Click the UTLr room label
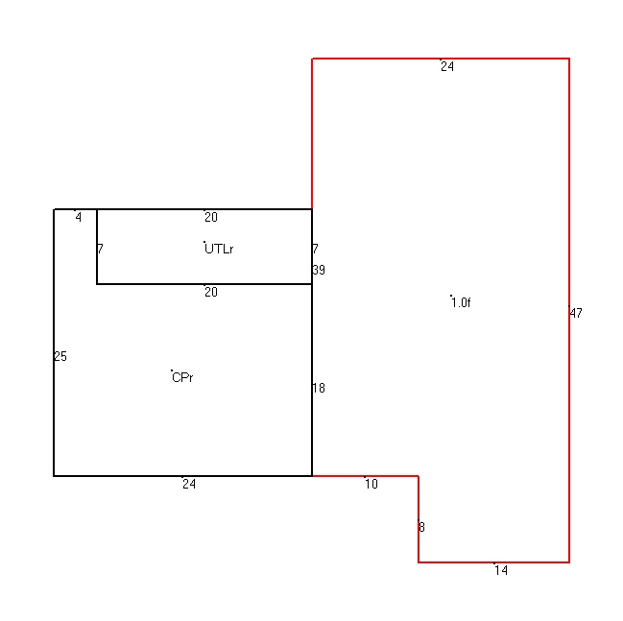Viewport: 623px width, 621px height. pos(219,249)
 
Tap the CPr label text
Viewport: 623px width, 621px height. pos(182,377)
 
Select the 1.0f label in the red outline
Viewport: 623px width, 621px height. pos(461,302)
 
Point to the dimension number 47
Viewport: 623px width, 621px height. pos(576,313)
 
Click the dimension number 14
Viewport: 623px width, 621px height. pos(501,570)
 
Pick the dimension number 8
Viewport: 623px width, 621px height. pos(422,527)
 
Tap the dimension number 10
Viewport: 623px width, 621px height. pos(371,484)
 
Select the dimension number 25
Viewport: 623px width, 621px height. pos(60,356)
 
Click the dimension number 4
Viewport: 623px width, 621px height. pos(79,217)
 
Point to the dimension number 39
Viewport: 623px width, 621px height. pos(319,270)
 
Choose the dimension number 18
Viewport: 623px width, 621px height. pos(319,388)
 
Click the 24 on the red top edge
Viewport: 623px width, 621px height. pos(447,66)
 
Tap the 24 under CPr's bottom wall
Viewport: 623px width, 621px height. pos(189,484)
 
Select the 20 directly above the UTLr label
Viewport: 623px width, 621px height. pos(211,217)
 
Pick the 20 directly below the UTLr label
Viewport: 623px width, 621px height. pos(211,293)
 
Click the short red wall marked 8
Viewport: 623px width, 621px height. pos(419,519)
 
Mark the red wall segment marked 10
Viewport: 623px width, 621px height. pos(365,475)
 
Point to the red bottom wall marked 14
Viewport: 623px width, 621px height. pos(493,562)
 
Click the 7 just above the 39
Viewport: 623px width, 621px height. pos(316,249)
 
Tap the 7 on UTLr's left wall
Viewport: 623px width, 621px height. pos(100,249)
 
